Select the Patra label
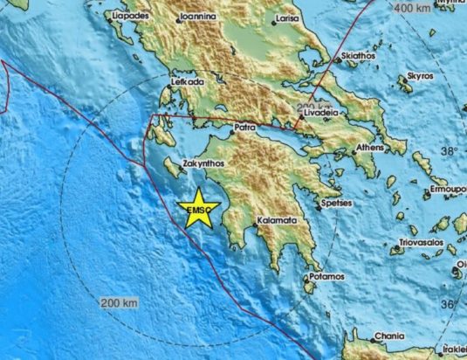pyautogui.click(x=244, y=128)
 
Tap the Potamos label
pyautogui.click(x=327, y=278)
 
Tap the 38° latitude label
pyautogui.click(x=448, y=150)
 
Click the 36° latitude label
pyautogui.click(x=448, y=302)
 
